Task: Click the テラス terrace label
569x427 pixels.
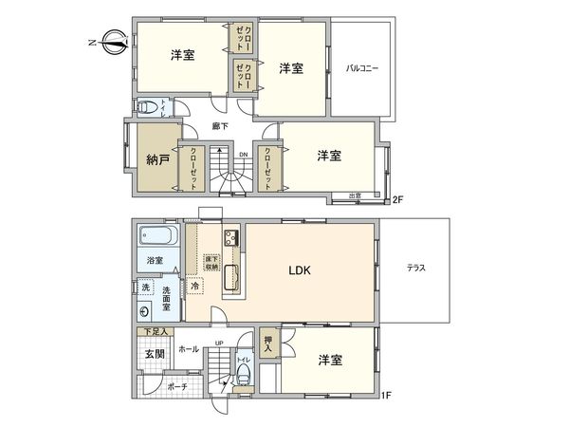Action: [x=416, y=269]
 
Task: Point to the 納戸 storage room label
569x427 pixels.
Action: [x=158, y=158]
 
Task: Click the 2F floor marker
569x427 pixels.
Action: [x=398, y=199]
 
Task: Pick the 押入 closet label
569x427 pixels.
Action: [x=267, y=343]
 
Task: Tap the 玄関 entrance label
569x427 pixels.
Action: [x=155, y=354]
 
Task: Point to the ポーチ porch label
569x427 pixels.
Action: [x=176, y=387]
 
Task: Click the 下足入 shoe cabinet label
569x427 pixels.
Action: [x=156, y=332]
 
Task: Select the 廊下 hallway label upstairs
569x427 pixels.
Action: [x=219, y=126]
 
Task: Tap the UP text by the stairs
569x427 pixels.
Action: [x=219, y=343]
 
